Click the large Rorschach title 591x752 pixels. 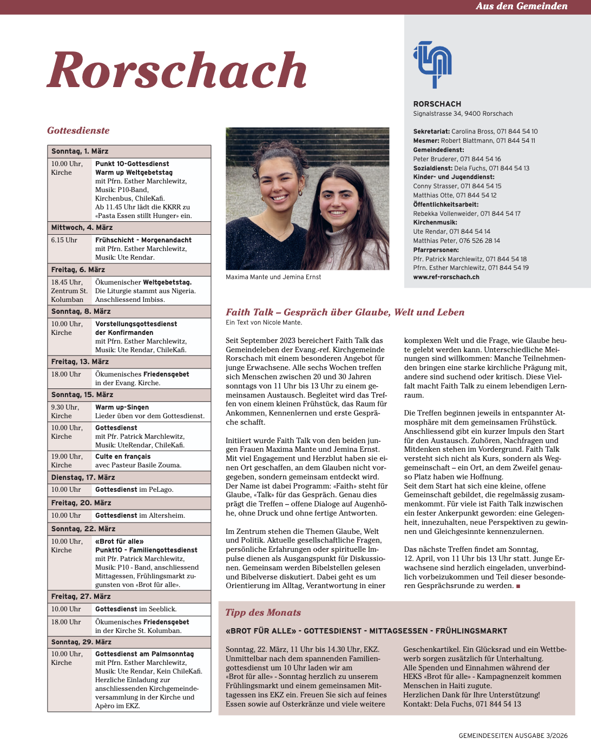pos(177,70)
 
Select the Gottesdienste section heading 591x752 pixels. pos(78,130)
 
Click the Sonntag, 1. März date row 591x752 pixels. pos(80,151)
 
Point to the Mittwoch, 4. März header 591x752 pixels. pos(82,228)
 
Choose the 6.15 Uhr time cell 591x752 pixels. pos(64,240)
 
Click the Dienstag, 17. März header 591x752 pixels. pos(83,478)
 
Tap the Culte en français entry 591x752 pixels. pos(123,457)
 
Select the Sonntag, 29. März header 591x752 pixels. pos(81,642)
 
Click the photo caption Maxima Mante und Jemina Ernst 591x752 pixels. pos(273,277)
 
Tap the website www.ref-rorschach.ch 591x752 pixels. pos(446,277)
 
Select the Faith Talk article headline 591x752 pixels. pos(345,312)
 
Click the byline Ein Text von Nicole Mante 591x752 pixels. pos(264,322)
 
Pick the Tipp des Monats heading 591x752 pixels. pos(263,612)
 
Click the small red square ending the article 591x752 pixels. pos(518,586)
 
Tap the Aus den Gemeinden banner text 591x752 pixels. pos(521,6)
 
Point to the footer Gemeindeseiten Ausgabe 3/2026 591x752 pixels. pos(513,736)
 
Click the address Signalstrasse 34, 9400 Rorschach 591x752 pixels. pos(463,114)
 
